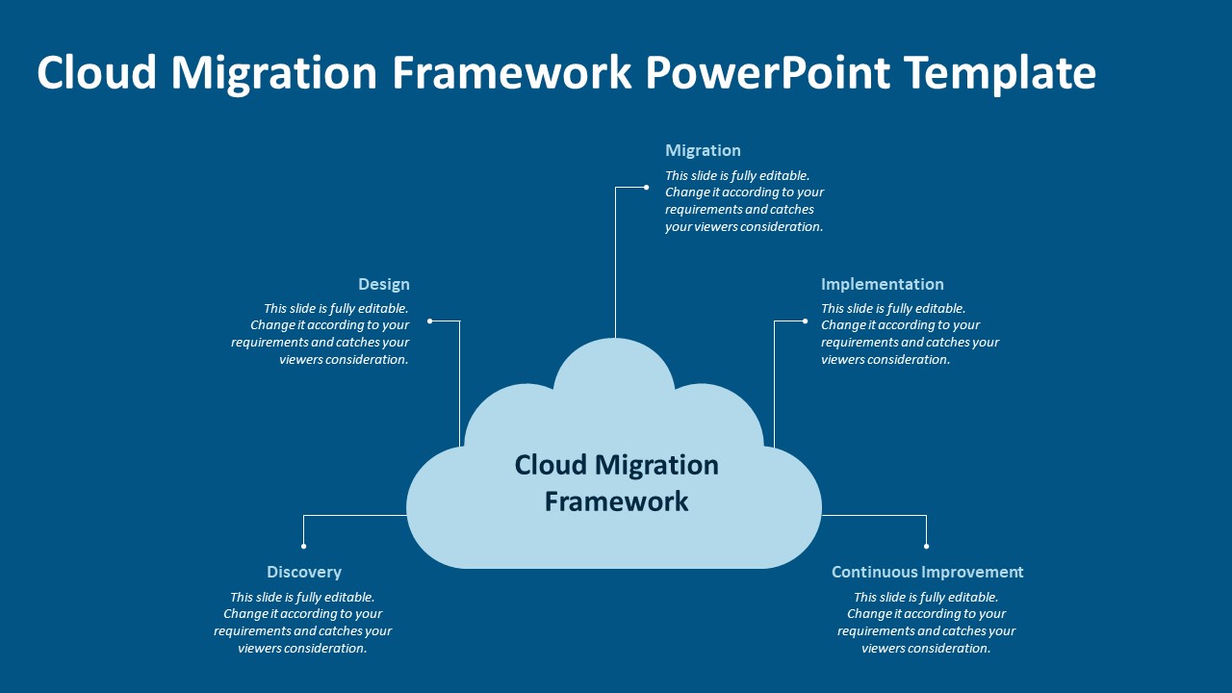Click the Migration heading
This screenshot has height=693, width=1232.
pos(703,150)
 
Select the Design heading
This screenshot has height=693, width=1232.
pos(383,284)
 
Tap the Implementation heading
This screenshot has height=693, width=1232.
pos(882,284)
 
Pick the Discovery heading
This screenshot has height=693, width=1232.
pos(304,572)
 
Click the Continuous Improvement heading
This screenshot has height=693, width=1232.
pos(927,572)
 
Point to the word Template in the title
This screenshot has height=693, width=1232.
pos(1001,73)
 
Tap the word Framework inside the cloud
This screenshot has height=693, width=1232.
pos(616,501)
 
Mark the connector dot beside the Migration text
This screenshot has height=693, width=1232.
pos(646,187)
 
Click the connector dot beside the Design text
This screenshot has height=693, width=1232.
pos(430,321)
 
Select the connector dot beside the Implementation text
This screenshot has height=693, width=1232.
pos(805,321)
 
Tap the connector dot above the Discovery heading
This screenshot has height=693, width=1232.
pos(304,546)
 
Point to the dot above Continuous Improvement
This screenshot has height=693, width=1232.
pos(927,546)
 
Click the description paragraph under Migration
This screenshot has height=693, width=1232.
pos(744,201)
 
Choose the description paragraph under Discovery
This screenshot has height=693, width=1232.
pos(302,623)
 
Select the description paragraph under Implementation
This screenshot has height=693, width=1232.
pos(910,334)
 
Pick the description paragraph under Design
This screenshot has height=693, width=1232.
pos(321,334)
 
